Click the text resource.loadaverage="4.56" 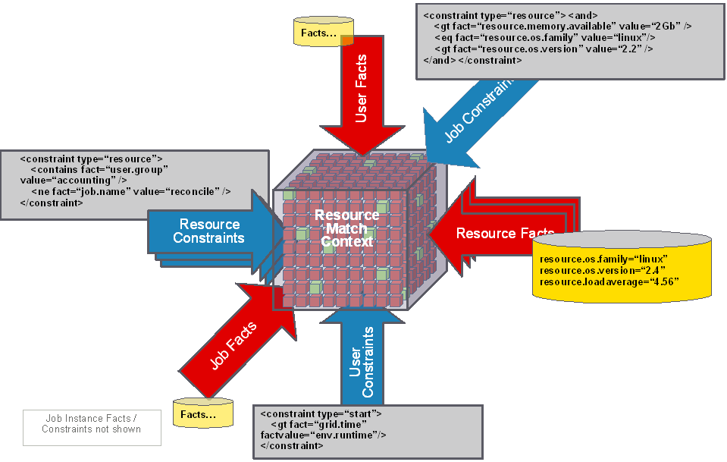609,281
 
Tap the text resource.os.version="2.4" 596,270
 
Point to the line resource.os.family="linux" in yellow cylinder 603,259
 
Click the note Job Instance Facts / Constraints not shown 92,423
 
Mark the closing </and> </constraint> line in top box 472,60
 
